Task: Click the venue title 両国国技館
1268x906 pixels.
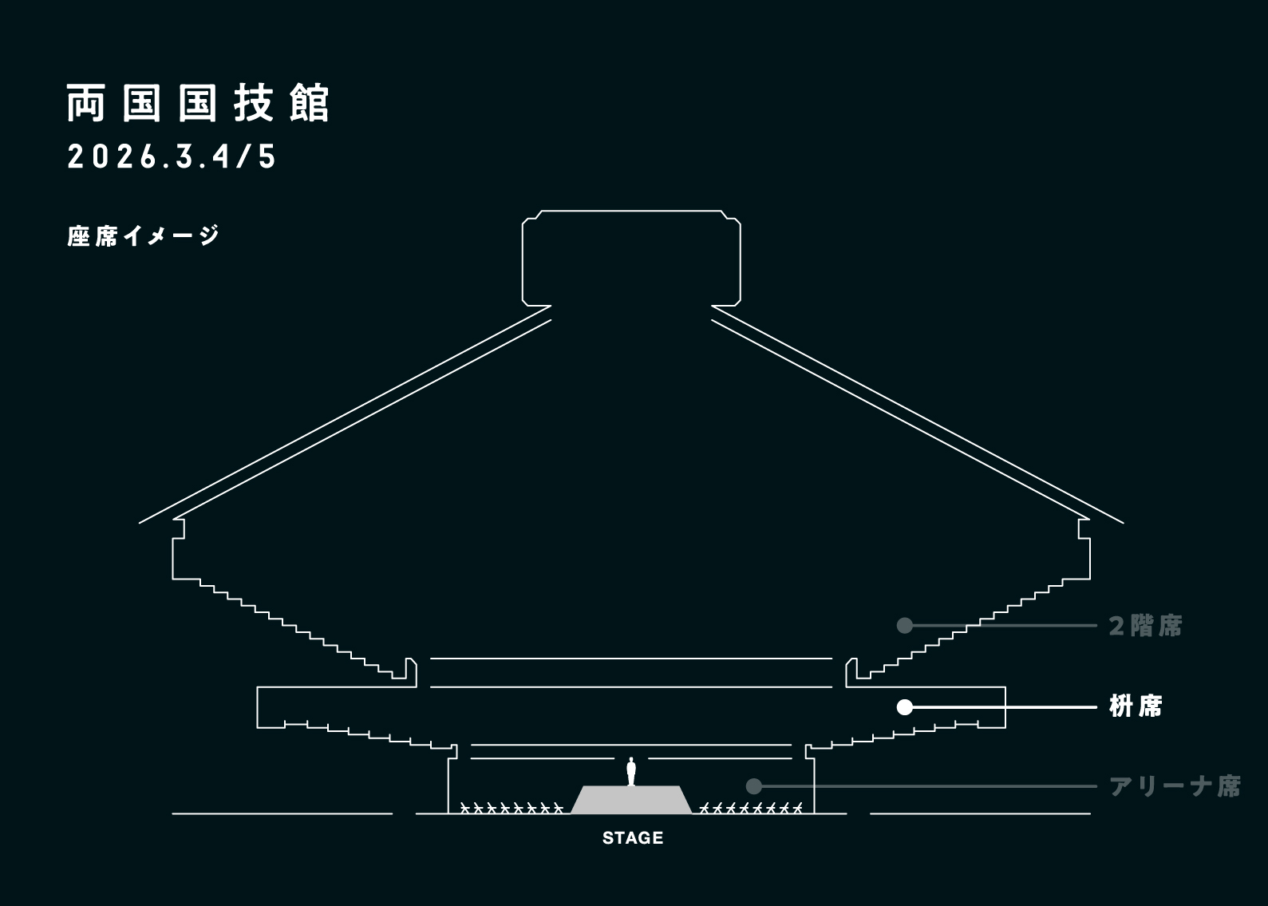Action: [x=198, y=104]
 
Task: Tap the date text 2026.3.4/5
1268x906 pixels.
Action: [x=172, y=157]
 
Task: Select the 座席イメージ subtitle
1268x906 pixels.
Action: [x=144, y=236]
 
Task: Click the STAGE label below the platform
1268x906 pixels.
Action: [x=633, y=838]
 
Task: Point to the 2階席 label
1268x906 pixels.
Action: [x=1145, y=626]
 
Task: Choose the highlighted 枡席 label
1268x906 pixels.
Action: [x=1136, y=706]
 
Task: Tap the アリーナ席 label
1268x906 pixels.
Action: [x=1175, y=786]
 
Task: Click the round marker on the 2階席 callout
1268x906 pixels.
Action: [x=904, y=625]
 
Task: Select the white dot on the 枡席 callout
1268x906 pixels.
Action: [x=904, y=707]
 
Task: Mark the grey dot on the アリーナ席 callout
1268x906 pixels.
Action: [x=753, y=786]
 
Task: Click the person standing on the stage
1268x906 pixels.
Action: [x=631, y=771]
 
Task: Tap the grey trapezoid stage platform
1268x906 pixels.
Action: [x=631, y=800]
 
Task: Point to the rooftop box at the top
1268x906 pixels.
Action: [x=631, y=257]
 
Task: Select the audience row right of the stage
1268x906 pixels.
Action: [x=750, y=808]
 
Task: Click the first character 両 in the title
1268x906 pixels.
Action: [x=85, y=104]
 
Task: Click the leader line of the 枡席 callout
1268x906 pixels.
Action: [x=1005, y=707]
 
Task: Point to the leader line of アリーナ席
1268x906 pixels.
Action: [x=926, y=786]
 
